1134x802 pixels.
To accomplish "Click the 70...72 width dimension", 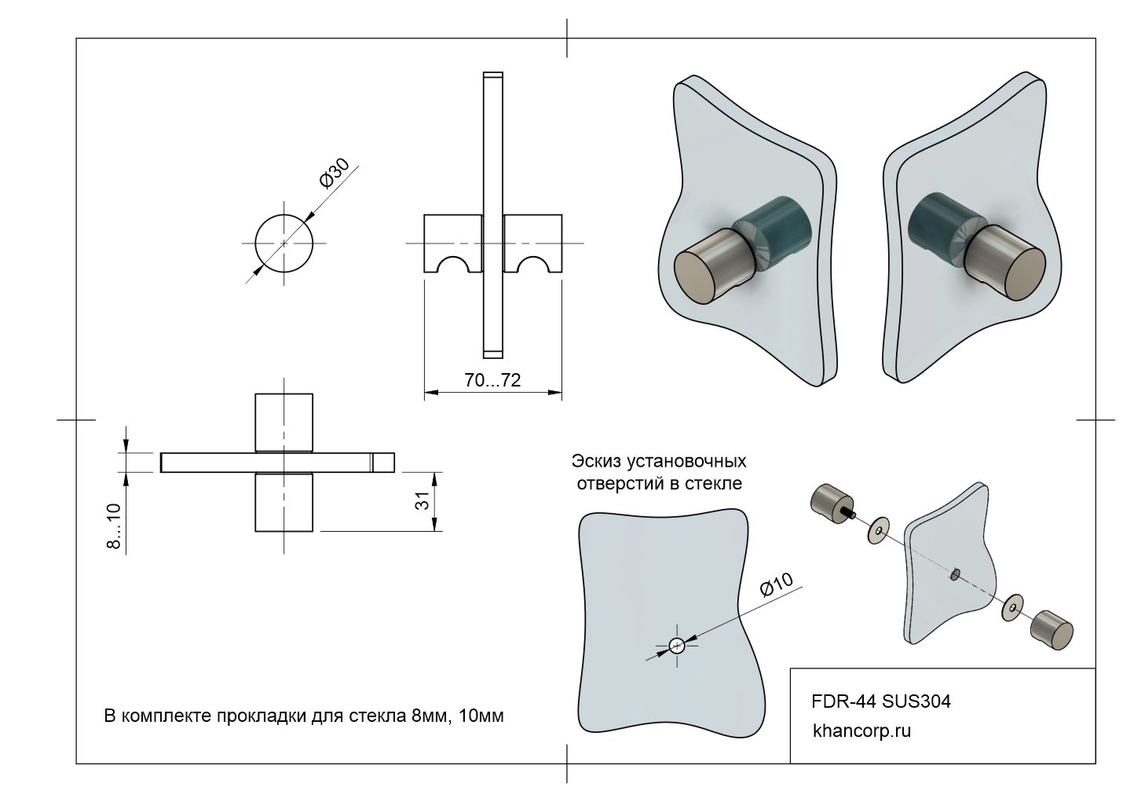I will (492, 380).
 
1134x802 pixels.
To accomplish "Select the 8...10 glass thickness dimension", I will (115, 526).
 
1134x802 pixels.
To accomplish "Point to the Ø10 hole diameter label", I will (777, 585).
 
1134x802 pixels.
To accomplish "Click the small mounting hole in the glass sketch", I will (677, 646).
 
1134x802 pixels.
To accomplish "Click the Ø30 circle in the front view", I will (283, 243).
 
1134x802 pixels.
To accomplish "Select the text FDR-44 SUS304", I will (880, 701).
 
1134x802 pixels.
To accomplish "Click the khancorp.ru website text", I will (862, 731).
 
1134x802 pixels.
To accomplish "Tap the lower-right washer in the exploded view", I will (1012, 606).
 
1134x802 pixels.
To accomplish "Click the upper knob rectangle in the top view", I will (283, 422).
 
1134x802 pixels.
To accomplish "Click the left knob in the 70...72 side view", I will (452, 243).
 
